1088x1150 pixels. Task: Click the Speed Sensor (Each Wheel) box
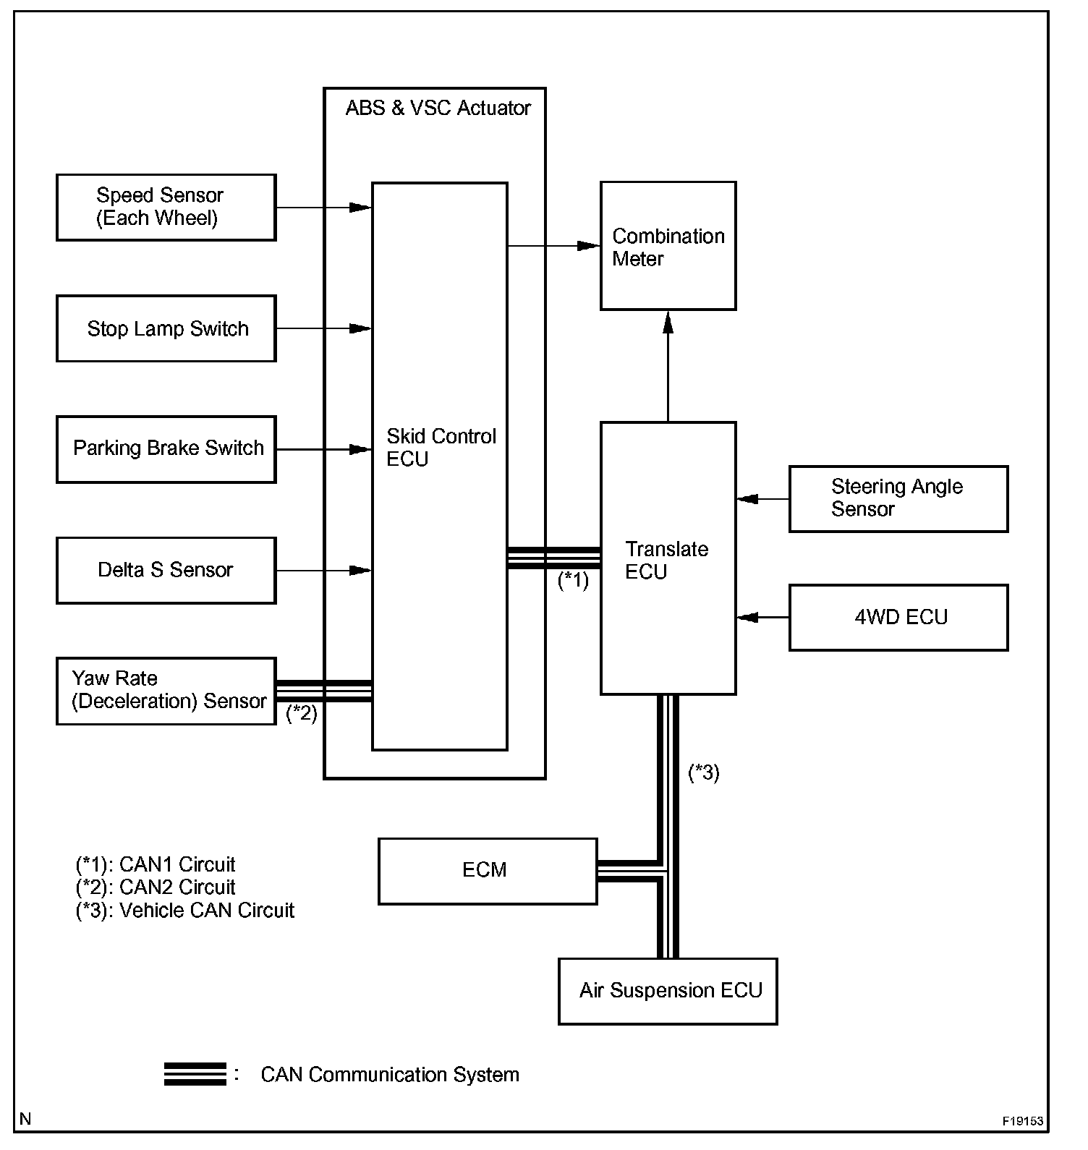click(x=166, y=207)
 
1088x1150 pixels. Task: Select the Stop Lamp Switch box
click(x=166, y=328)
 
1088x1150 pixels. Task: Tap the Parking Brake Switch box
click(x=166, y=449)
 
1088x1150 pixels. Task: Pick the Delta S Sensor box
click(x=166, y=570)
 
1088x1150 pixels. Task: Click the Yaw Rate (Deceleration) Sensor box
click(x=166, y=691)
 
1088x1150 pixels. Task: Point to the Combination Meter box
click(x=668, y=247)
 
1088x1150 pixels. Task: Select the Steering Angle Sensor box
click(x=898, y=498)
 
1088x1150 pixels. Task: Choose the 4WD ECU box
click(x=898, y=618)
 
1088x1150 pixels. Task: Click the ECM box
click(x=487, y=871)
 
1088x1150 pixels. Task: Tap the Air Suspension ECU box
click(x=668, y=991)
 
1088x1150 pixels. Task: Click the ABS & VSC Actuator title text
click(x=438, y=108)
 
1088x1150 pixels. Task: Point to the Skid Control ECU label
click(x=441, y=448)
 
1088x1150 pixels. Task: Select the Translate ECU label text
click(x=666, y=560)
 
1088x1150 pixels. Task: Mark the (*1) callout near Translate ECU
click(x=573, y=580)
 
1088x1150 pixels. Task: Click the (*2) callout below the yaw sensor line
click(x=302, y=713)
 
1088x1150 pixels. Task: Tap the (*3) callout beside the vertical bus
click(x=703, y=772)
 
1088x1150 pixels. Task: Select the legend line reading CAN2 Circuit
click(x=156, y=887)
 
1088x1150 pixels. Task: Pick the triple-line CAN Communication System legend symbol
click(x=195, y=1074)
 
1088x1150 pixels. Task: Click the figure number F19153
click(x=1022, y=1121)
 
